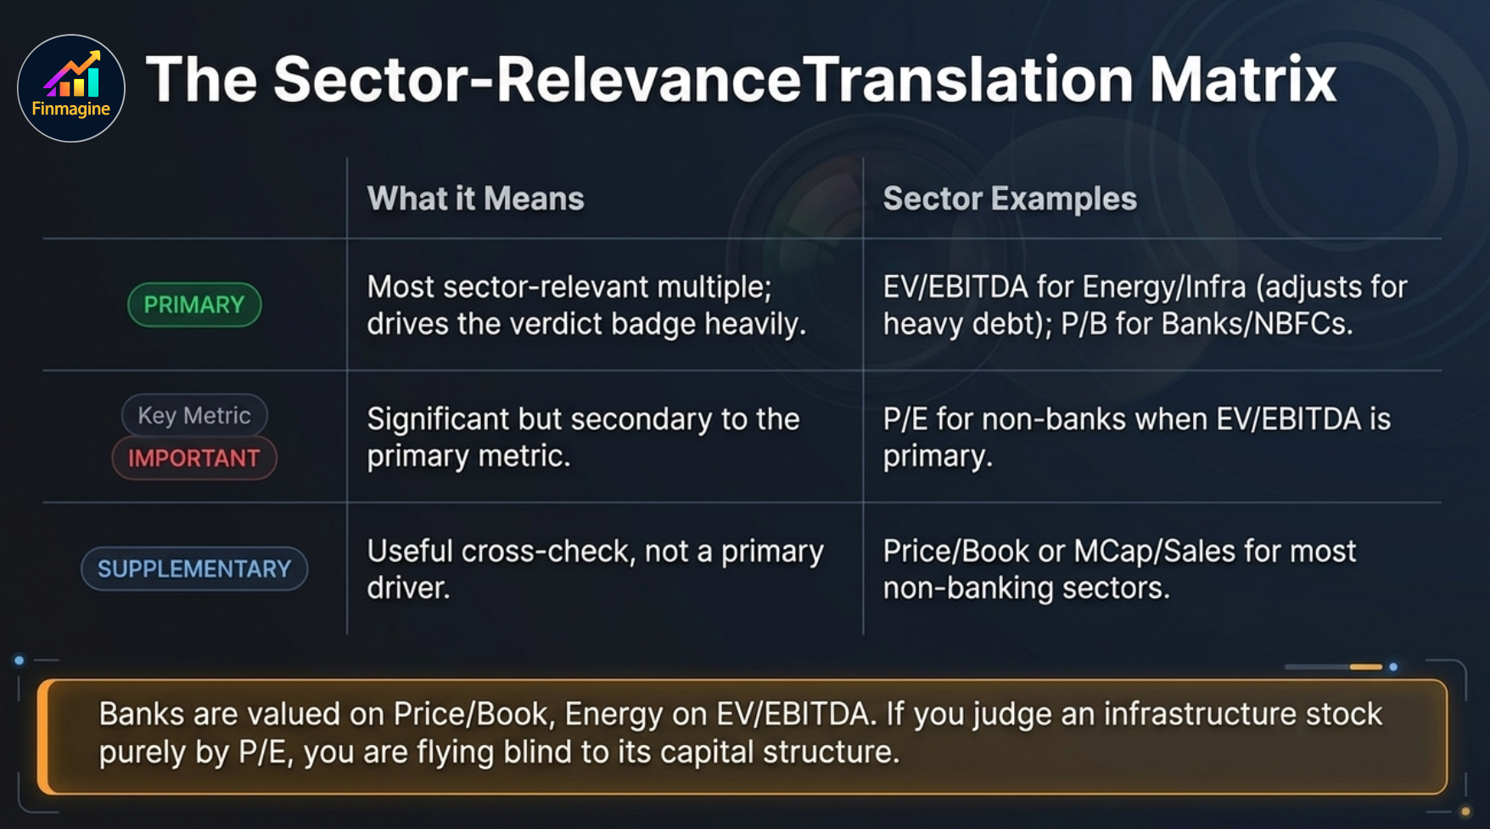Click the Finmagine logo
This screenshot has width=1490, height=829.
pos(71,88)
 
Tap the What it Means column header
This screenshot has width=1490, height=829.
pos(475,199)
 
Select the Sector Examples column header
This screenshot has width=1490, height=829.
pos(1010,199)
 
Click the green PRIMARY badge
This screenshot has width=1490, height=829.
pos(194,305)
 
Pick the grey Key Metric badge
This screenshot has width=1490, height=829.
pos(194,415)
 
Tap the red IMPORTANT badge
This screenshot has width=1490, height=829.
pos(194,458)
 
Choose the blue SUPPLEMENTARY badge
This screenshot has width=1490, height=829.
pos(194,569)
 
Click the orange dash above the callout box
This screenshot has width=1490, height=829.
pos(1365,667)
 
